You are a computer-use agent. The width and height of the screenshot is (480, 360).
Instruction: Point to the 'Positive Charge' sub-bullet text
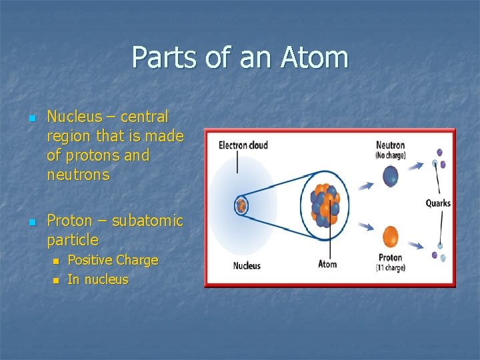(113, 260)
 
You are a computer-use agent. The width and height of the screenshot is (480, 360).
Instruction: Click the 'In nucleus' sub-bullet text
(97, 279)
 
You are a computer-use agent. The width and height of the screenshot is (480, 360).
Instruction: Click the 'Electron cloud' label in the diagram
(243, 145)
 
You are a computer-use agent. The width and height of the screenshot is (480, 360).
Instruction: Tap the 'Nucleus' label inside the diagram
(246, 265)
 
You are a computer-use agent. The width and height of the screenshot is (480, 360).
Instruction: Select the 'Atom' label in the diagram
(327, 264)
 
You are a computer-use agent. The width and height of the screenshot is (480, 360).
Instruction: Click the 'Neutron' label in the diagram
(390, 145)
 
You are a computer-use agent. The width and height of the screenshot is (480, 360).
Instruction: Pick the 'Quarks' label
(438, 203)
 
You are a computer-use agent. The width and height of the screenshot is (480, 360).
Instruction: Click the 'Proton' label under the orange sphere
(390, 257)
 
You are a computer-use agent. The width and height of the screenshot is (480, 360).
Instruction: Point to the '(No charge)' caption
(390, 155)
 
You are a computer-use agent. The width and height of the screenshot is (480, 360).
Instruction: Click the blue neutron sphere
(390, 176)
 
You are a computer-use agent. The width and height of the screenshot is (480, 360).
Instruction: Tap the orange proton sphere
(390, 236)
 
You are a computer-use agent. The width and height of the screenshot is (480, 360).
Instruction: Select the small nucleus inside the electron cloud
(241, 205)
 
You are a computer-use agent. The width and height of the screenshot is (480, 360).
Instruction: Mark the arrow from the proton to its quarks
(416, 245)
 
